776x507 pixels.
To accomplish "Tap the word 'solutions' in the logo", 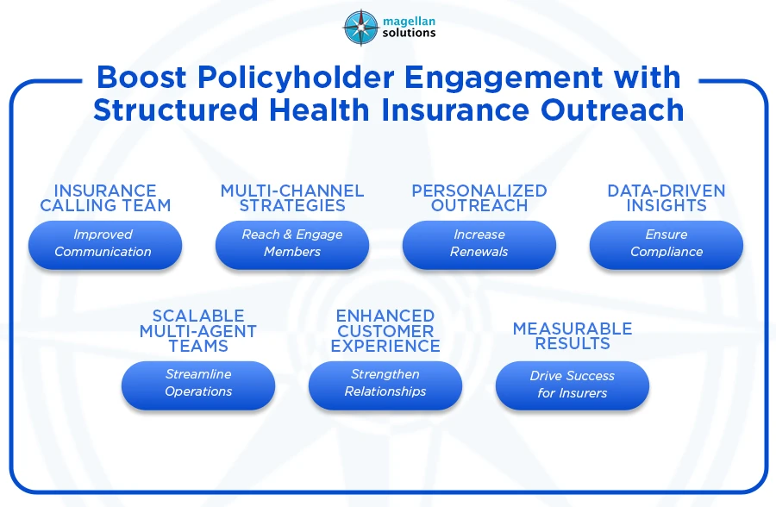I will pos(407,34).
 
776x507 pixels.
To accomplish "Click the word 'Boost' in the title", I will pos(141,78).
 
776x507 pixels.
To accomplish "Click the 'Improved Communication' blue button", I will pos(104,244).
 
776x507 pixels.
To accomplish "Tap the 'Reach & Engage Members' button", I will pos(291,244).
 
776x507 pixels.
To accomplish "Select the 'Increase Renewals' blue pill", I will pos(479,244).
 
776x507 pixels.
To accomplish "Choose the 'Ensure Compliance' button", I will pos(666,244).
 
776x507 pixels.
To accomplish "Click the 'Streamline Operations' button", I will pos(197,384).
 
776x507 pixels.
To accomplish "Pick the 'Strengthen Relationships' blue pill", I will pos(385,384).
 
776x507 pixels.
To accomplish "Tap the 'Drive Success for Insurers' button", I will pos(572,385).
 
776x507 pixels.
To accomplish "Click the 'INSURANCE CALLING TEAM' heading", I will pos(105,198).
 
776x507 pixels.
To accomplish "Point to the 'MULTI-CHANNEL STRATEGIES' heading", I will pos(292,198).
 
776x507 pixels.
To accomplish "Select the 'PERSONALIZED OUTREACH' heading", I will pos(479,198).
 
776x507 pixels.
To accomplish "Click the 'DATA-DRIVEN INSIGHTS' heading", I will pos(666,198).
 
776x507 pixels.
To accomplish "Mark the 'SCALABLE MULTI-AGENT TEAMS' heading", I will pos(197,331).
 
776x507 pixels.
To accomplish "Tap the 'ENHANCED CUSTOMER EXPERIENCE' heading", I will pos(385,331).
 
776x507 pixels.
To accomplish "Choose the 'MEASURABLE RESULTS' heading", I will pos(572,336).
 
